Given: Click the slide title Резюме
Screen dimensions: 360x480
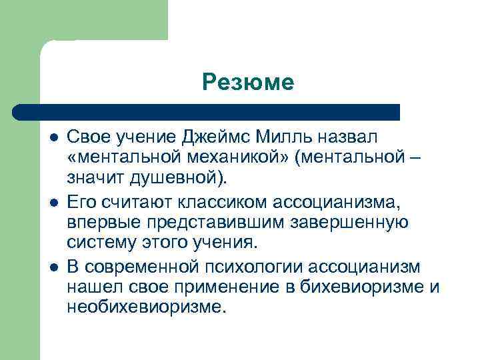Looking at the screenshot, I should pyautogui.click(x=248, y=83).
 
